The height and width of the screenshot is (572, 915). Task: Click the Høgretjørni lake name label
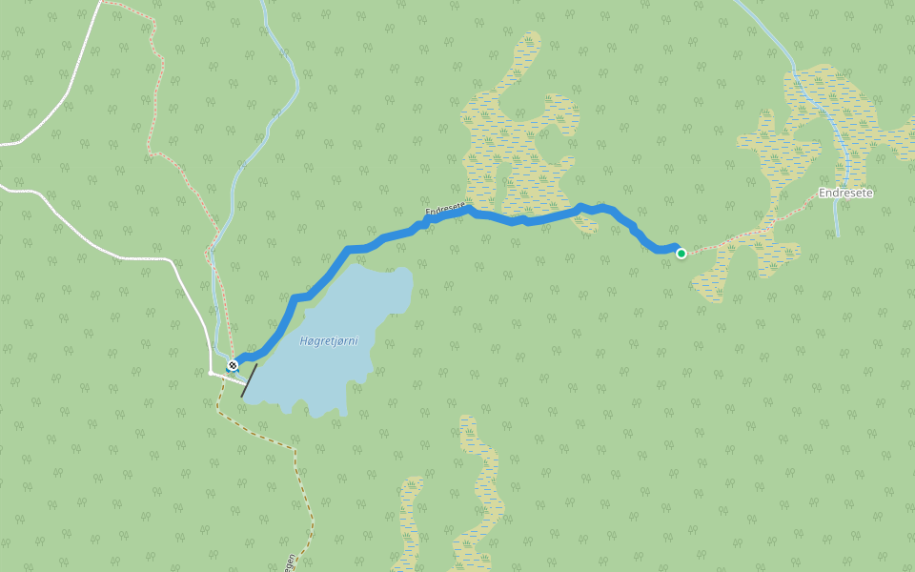pyautogui.click(x=328, y=340)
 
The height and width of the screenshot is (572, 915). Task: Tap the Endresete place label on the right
pyautogui.click(x=845, y=193)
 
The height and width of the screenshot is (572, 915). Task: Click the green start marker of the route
pyautogui.click(x=681, y=253)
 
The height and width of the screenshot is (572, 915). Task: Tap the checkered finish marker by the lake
pyautogui.click(x=232, y=365)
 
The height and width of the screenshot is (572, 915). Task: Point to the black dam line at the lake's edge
pyautogui.click(x=249, y=379)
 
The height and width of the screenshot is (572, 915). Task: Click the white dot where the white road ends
pyautogui.click(x=212, y=373)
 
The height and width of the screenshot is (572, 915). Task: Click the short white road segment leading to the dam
pyautogui.click(x=229, y=378)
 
